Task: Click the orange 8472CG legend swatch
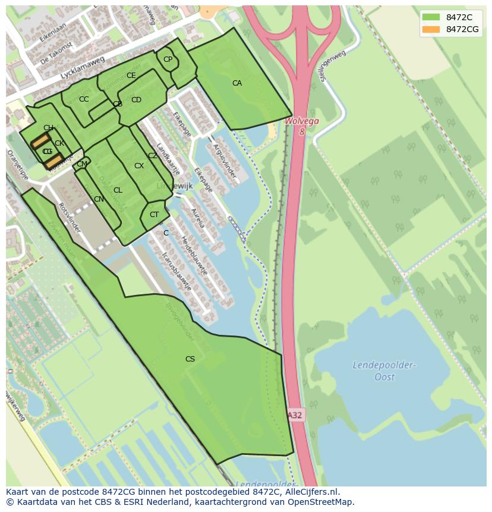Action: click(431, 29)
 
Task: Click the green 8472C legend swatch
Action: click(431, 17)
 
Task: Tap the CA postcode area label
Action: click(237, 83)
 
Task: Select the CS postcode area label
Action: click(190, 359)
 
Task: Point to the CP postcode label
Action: click(168, 59)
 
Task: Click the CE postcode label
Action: click(131, 76)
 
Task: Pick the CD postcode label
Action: click(136, 100)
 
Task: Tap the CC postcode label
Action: click(84, 99)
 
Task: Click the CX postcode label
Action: click(138, 166)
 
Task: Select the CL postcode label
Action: click(118, 190)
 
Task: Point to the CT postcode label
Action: click(154, 215)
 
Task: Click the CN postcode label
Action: click(99, 199)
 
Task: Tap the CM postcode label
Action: click(82, 164)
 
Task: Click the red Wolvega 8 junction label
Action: click(302, 125)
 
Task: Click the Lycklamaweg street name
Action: click(82, 68)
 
